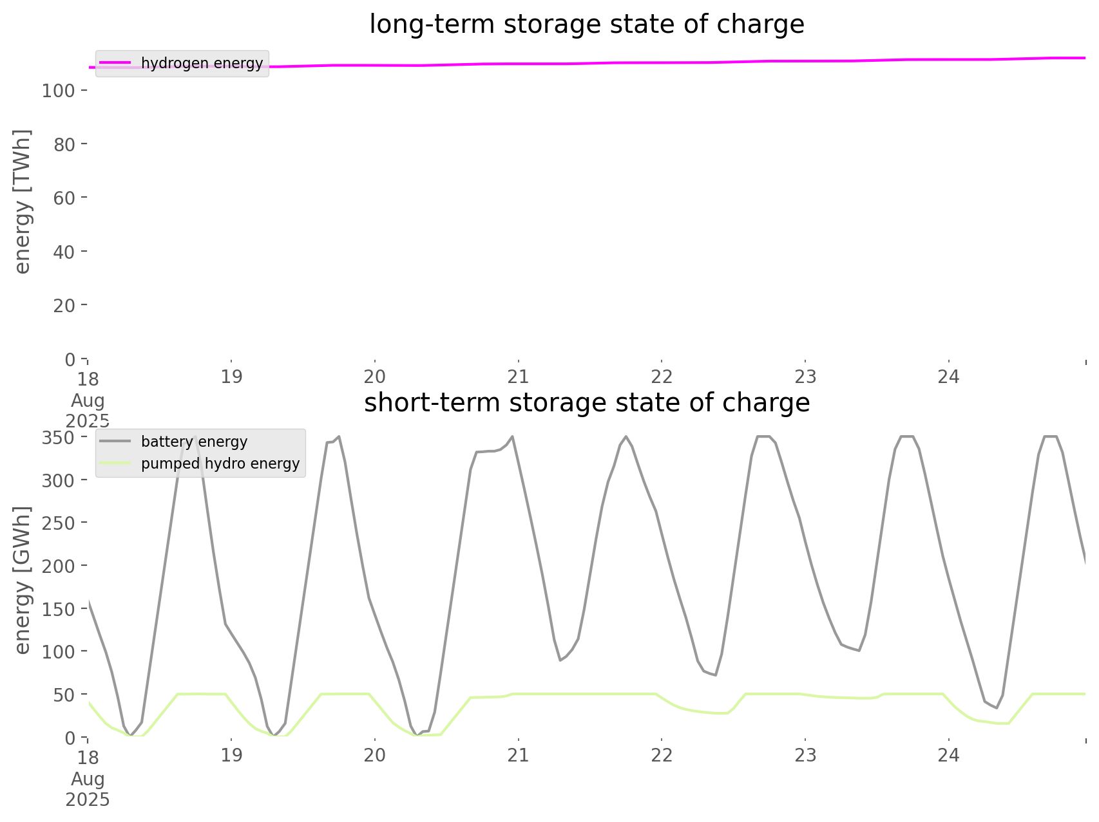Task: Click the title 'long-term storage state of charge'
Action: pyautogui.click(x=586, y=24)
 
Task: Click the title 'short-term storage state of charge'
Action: pyautogui.click(x=586, y=403)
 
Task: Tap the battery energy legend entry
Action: pyautogui.click(x=194, y=442)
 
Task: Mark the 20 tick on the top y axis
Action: pyautogui.click(x=64, y=306)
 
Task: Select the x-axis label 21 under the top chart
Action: pyautogui.click(x=518, y=377)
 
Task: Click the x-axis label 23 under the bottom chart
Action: pyautogui.click(x=805, y=756)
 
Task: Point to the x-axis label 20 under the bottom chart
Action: pyautogui.click(x=374, y=756)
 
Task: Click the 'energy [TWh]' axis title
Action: pyautogui.click(x=23, y=201)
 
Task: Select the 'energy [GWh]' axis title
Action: pyautogui.click(x=23, y=580)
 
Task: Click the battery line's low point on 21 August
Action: pyautogui.click(x=560, y=660)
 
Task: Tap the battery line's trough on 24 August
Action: pyautogui.click(x=996, y=708)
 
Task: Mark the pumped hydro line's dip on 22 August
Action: pyautogui.click(x=725, y=713)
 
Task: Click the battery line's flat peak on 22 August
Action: pyautogui.click(x=763, y=437)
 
